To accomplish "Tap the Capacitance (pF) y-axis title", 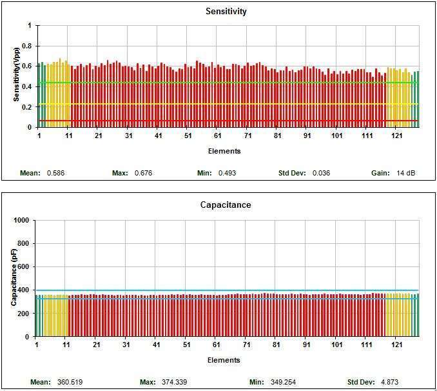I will (14, 279).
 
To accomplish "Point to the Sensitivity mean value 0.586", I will (56, 173).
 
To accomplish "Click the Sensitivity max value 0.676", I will (142, 173).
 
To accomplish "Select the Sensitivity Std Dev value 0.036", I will (321, 173).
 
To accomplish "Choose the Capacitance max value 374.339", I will (175, 381).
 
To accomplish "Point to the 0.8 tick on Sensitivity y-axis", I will (27, 46).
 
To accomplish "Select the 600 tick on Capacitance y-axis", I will (25, 266).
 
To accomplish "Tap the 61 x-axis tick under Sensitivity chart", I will (218, 135).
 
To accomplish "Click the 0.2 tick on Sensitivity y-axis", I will (27, 107).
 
